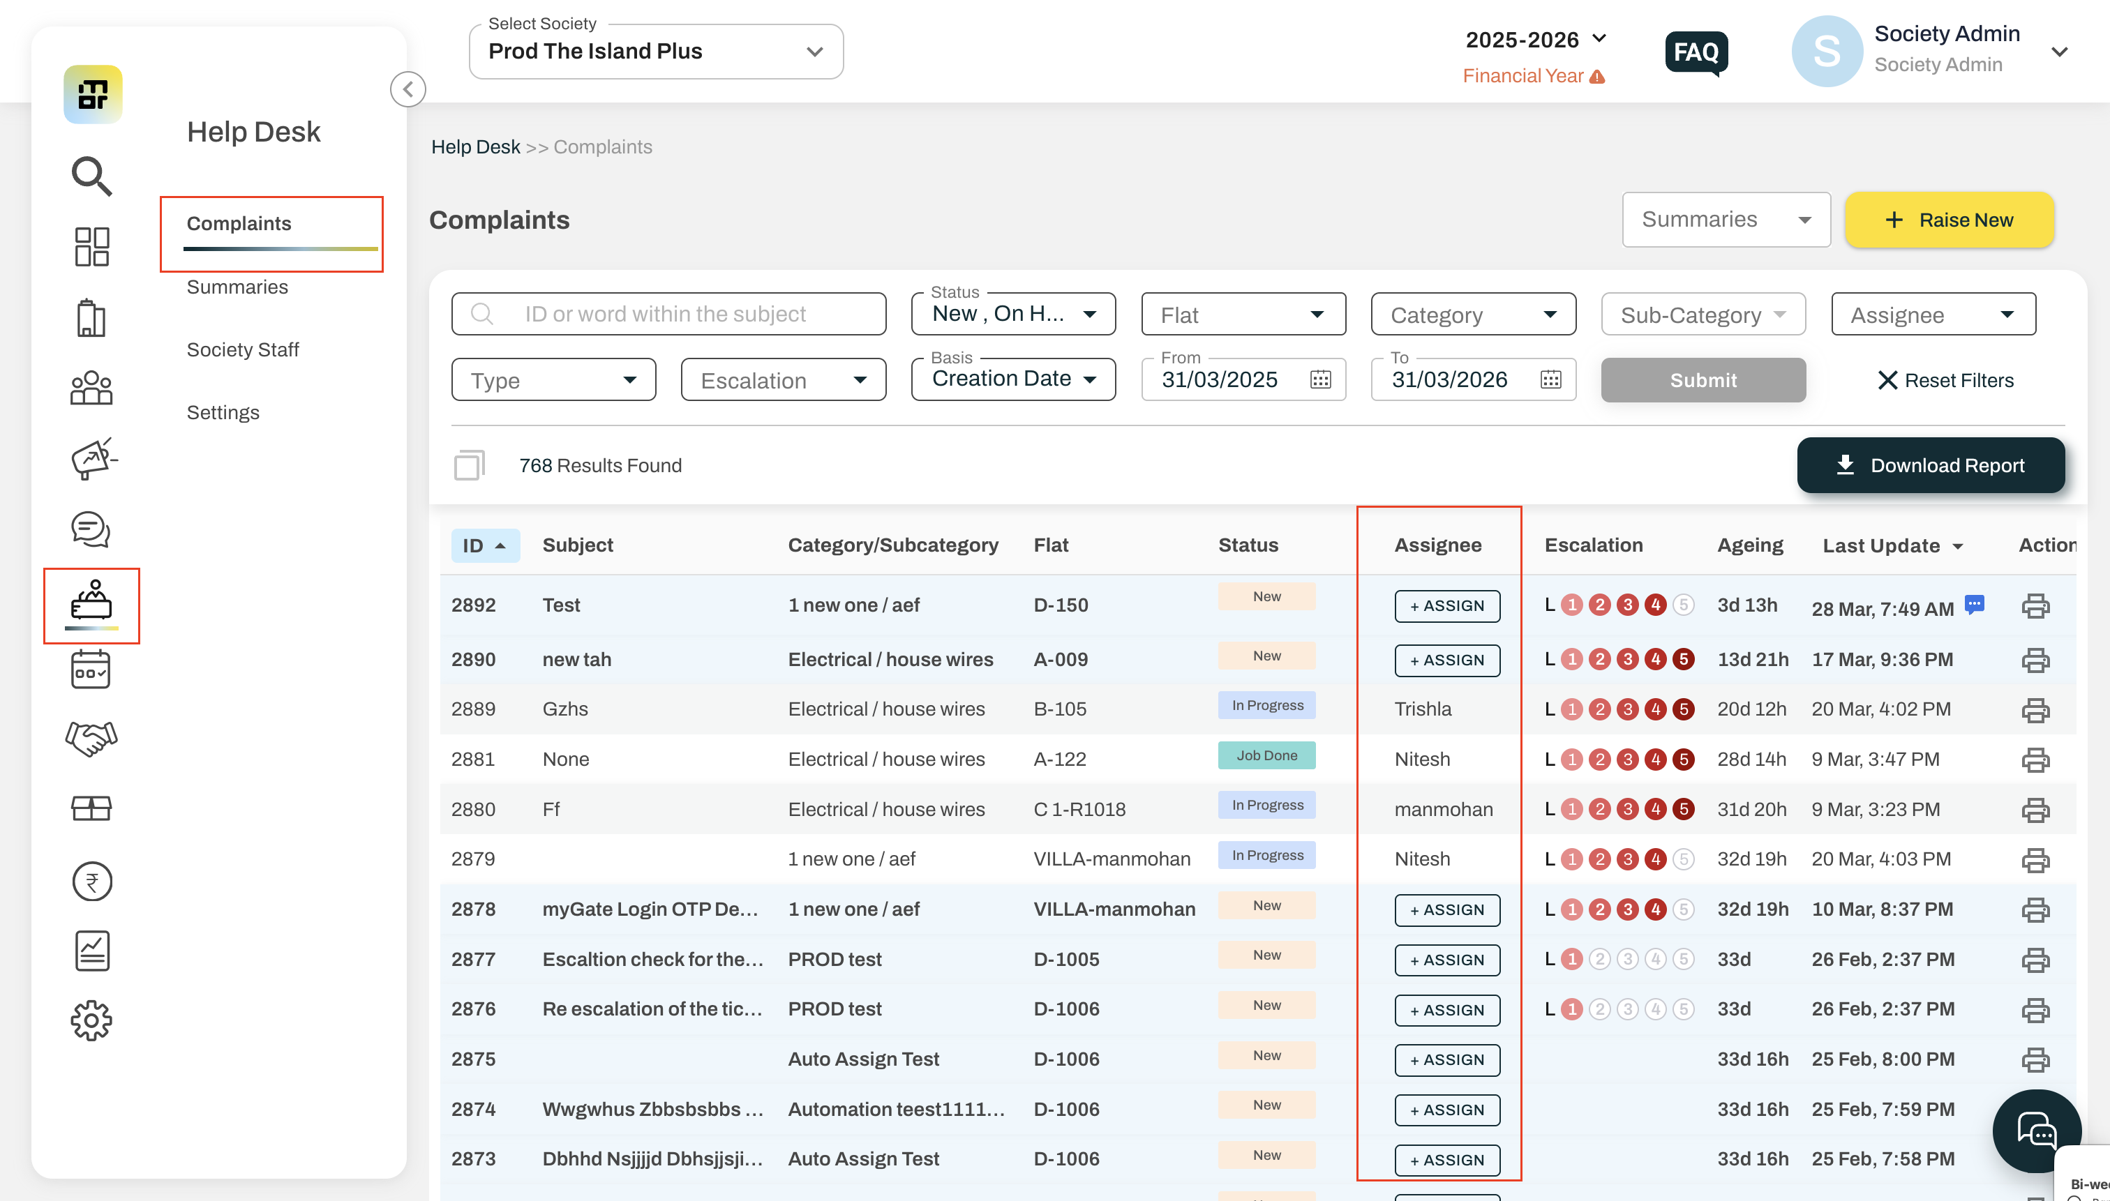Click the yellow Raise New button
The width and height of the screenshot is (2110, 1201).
pyautogui.click(x=1948, y=220)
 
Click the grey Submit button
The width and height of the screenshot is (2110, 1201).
pyautogui.click(x=1703, y=380)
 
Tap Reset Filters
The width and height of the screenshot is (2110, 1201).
pyautogui.click(x=1946, y=380)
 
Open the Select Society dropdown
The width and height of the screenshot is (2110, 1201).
pyautogui.click(x=656, y=51)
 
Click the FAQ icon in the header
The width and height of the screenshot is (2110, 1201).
pyautogui.click(x=1696, y=53)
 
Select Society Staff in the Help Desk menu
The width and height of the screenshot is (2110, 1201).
pyautogui.click(x=243, y=349)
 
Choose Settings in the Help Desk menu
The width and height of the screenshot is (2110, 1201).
pyautogui.click(x=223, y=412)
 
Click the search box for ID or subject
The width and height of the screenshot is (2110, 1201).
pyautogui.click(x=668, y=315)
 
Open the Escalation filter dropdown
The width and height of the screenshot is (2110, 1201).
pyautogui.click(x=783, y=380)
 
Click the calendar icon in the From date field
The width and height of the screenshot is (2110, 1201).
pyautogui.click(x=1320, y=379)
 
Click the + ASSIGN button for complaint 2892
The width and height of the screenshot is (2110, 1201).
pyautogui.click(x=1447, y=606)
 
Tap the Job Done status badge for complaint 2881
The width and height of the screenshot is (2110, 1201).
pyautogui.click(x=1266, y=755)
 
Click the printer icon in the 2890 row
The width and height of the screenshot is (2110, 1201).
pyautogui.click(x=2035, y=660)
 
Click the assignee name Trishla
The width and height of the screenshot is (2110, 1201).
pyautogui.click(x=1423, y=709)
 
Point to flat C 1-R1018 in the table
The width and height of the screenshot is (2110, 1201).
pyautogui.click(x=1079, y=810)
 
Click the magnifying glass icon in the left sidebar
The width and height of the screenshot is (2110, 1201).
pyautogui.click(x=91, y=176)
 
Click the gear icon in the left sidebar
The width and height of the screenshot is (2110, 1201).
pyautogui.click(x=91, y=1020)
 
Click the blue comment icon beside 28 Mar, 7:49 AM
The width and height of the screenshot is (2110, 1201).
pyautogui.click(x=1974, y=605)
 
